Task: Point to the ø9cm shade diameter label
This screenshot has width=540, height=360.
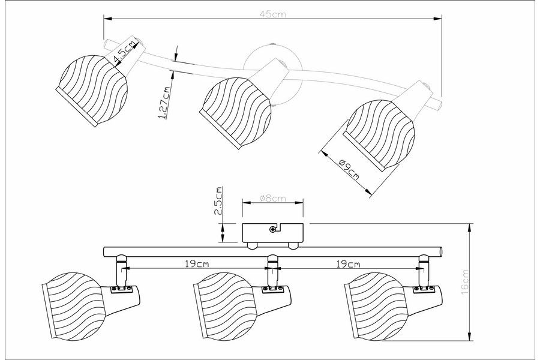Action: pyautogui.click(x=349, y=170)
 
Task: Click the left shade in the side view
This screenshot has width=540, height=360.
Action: pyautogui.click(x=76, y=300)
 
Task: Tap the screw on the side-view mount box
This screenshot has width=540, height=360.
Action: pyautogui.click(x=273, y=229)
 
